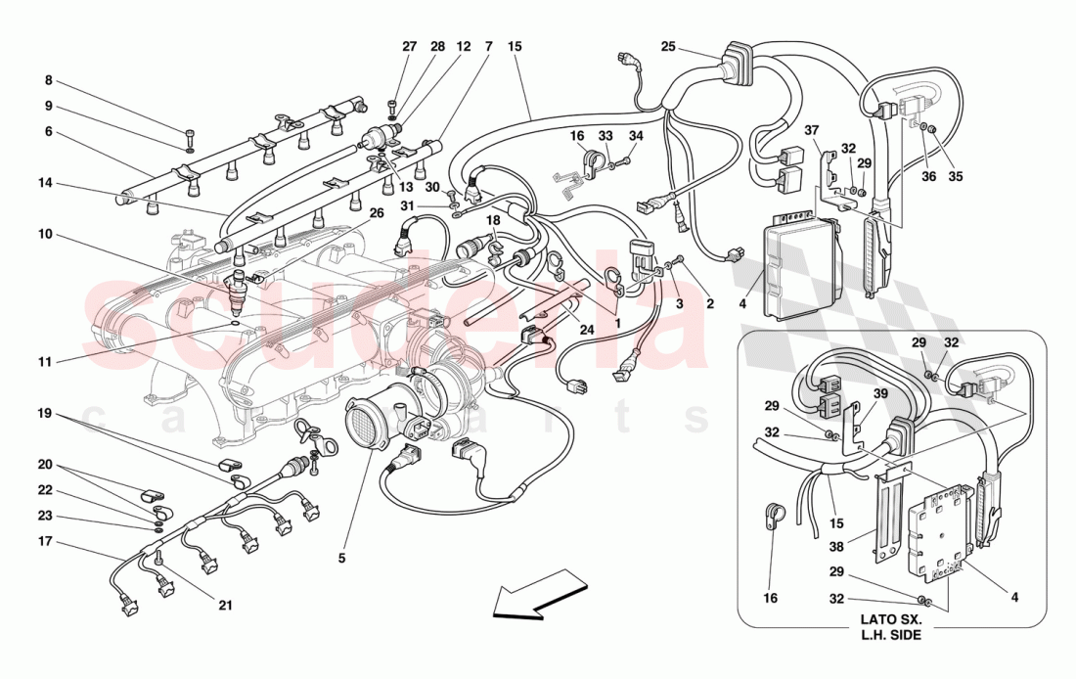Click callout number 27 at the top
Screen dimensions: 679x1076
[409, 46]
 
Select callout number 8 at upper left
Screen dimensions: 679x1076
[47, 81]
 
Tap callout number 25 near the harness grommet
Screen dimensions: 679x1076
[668, 46]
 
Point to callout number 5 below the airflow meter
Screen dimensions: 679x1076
[341, 559]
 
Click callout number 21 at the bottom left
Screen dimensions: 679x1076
[226, 605]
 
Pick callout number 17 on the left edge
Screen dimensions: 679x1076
[46, 540]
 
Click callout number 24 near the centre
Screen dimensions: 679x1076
[586, 330]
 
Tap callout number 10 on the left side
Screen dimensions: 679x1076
[47, 236]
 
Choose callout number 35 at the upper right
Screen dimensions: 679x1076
[956, 177]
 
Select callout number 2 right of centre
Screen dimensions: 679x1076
[710, 304]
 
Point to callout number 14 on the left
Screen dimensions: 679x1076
[46, 181]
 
